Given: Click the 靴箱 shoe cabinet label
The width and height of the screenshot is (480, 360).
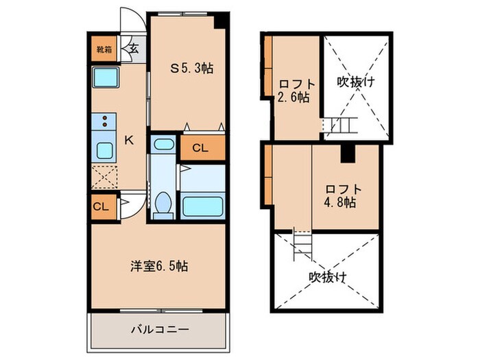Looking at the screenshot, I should click(x=103, y=50).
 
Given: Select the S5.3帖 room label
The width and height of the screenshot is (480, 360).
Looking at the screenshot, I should click(x=191, y=69).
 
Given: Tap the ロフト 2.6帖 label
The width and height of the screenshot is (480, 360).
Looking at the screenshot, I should click(x=293, y=91).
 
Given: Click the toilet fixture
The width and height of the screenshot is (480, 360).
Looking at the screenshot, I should click(x=163, y=203).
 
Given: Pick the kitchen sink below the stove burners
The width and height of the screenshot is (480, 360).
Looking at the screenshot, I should click(x=105, y=151).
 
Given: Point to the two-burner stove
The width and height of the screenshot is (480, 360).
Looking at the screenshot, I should click(x=104, y=123).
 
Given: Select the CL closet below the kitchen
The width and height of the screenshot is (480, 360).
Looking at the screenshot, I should click(x=100, y=206).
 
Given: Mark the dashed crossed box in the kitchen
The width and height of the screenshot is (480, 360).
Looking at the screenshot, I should click(x=105, y=178).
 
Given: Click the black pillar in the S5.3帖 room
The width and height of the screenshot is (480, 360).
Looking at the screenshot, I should click(x=220, y=21).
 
